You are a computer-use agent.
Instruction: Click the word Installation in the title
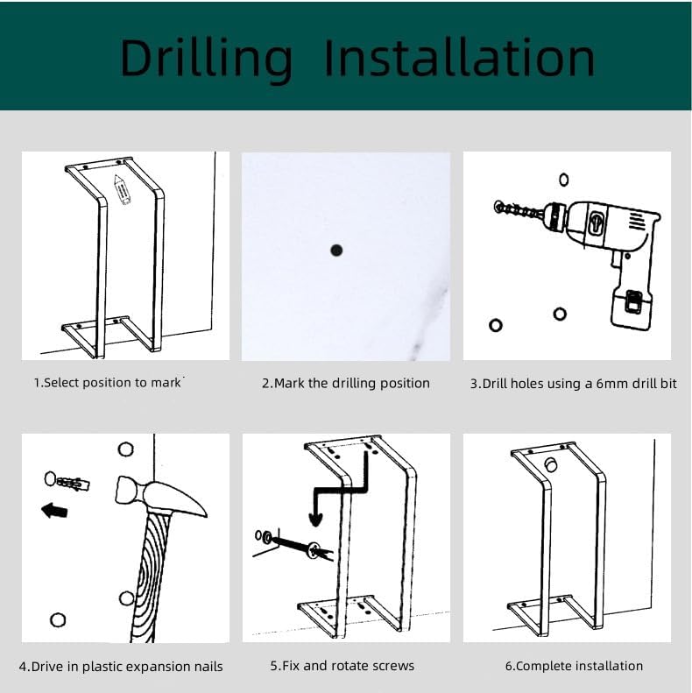click(460, 58)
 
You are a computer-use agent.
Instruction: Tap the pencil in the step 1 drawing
click(122, 189)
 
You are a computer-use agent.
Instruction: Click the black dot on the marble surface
click(336, 251)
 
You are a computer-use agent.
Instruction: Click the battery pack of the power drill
click(631, 308)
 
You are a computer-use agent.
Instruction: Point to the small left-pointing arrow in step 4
click(54, 511)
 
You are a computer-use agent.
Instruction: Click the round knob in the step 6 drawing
click(551, 464)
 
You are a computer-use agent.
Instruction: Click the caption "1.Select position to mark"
click(108, 382)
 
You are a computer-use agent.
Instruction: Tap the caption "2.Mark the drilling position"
click(345, 383)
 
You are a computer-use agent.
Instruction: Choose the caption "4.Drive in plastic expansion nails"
click(121, 666)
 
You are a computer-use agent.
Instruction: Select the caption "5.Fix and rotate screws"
click(342, 665)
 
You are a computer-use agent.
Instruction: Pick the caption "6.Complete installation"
click(574, 666)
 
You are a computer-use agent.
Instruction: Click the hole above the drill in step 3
click(564, 180)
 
